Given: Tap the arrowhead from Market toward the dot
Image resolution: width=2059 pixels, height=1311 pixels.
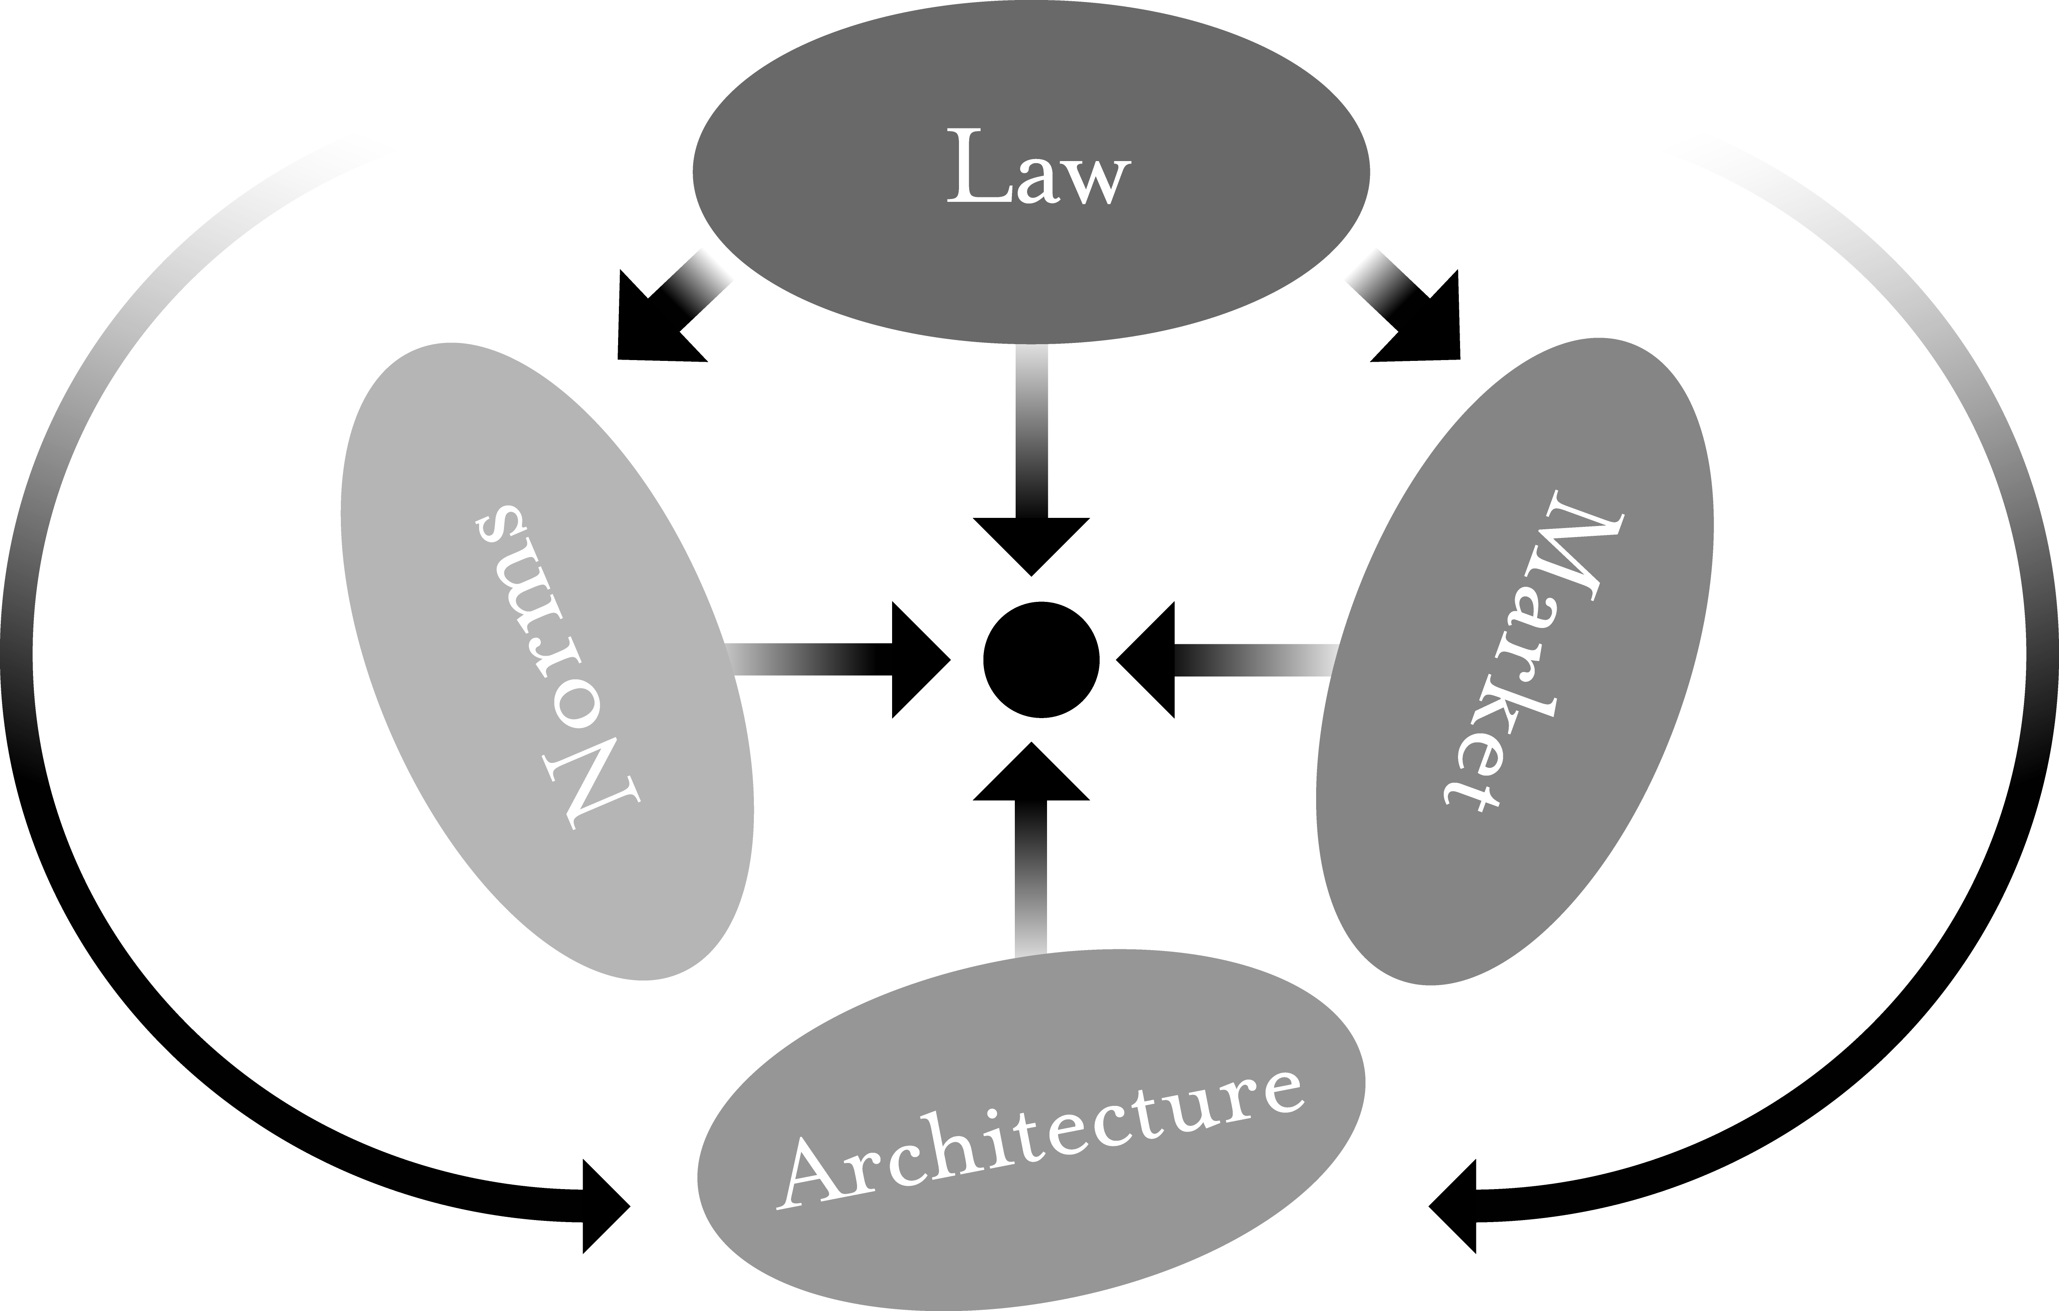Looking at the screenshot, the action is (x=1145, y=659).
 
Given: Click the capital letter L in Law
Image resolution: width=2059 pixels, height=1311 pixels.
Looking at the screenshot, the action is (x=979, y=165).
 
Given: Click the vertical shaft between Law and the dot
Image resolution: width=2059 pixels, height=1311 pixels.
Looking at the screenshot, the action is (x=1031, y=430).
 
